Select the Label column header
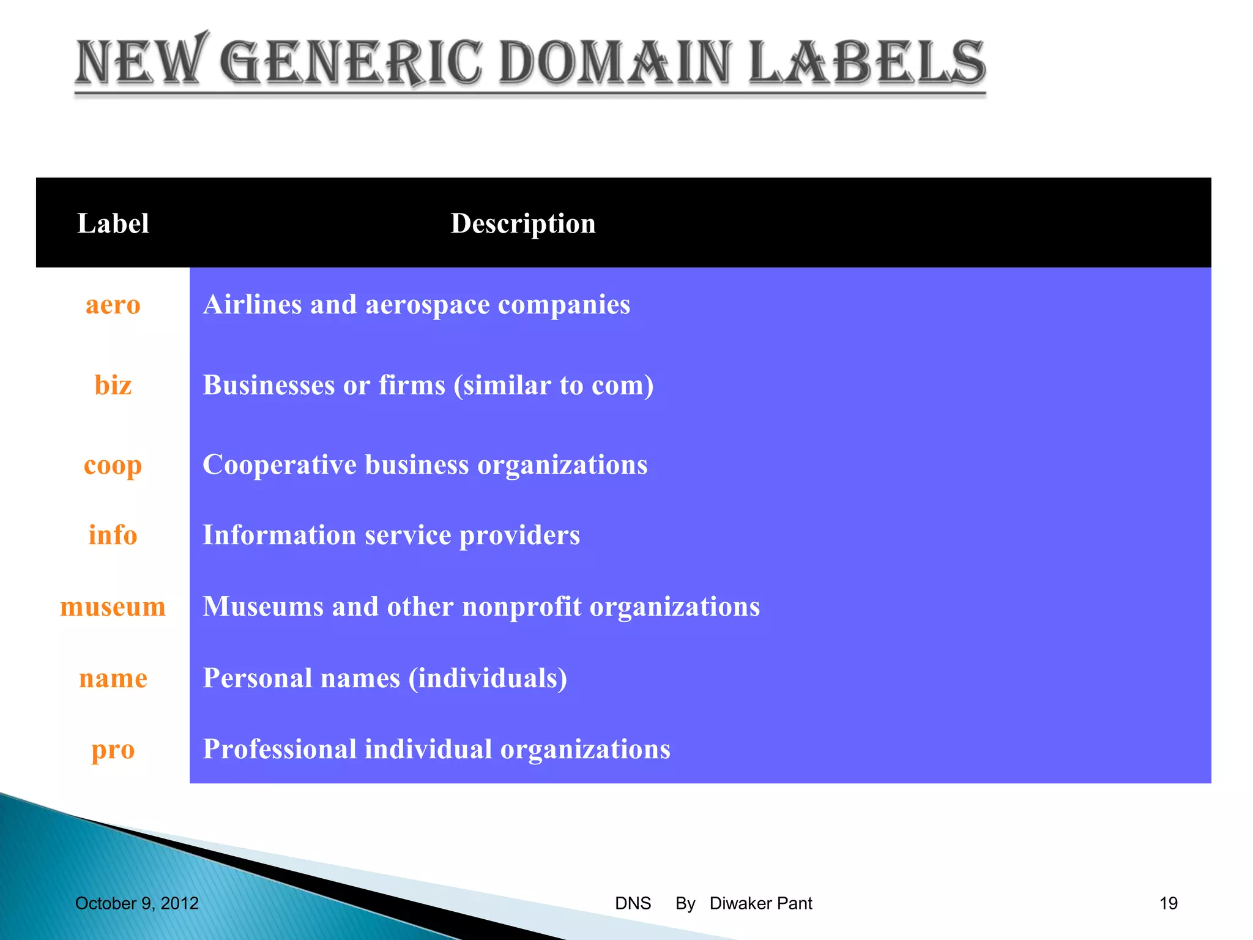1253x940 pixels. point(113,223)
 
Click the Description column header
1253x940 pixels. point(523,223)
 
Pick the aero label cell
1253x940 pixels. point(113,305)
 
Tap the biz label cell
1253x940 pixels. point(113,385)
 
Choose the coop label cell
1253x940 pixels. point(113,465)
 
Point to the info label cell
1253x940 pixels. point(113,535)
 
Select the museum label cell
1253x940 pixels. point(113,606)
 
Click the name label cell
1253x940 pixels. point(113,678)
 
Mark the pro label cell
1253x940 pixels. point(113,749)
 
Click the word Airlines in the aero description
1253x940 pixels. point(251,305)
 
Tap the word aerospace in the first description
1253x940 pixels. point(427,305)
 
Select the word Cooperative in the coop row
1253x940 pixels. point(280,464)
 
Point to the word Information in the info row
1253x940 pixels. point(279,535)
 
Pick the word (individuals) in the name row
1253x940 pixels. point(488,678)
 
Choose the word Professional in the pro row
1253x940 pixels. point(280,749)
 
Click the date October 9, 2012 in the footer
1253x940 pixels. point(137,903)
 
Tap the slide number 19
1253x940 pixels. point(1168,903)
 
